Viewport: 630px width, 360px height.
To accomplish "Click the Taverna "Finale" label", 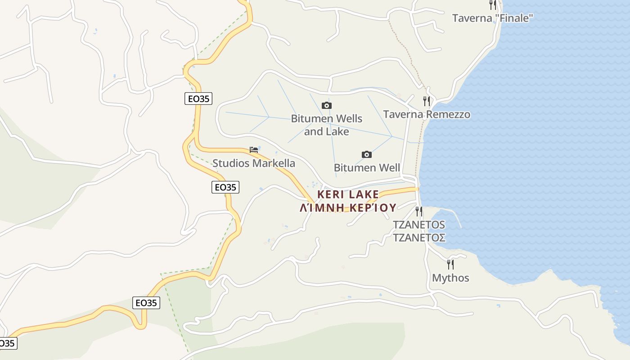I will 492,18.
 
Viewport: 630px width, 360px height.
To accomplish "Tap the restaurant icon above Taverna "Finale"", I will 493,5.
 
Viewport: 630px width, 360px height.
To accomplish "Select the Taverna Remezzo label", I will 427,114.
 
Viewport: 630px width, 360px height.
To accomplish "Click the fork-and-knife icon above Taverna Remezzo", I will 426,101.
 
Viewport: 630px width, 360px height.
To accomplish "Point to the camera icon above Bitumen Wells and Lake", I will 327,106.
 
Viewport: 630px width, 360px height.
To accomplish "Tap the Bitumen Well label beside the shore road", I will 367,168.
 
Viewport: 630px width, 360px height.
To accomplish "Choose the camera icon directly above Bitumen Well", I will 367,155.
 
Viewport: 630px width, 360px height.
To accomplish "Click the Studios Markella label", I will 254,163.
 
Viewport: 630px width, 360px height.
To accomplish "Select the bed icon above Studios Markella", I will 254,150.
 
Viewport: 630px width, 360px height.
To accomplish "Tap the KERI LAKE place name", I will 348,194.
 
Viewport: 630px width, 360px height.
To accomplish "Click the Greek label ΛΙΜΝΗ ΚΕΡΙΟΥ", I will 348,208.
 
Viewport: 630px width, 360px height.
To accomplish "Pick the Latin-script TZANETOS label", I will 419,225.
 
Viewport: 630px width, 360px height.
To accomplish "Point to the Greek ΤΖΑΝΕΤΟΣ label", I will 419,237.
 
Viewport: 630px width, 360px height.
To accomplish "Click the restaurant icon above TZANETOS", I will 419,211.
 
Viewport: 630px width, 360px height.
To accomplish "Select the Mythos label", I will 450,278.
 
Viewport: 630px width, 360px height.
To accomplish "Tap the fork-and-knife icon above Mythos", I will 450,264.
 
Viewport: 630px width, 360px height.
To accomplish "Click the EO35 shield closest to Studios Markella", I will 225,187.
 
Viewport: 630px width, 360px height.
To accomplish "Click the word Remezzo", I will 448,114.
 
